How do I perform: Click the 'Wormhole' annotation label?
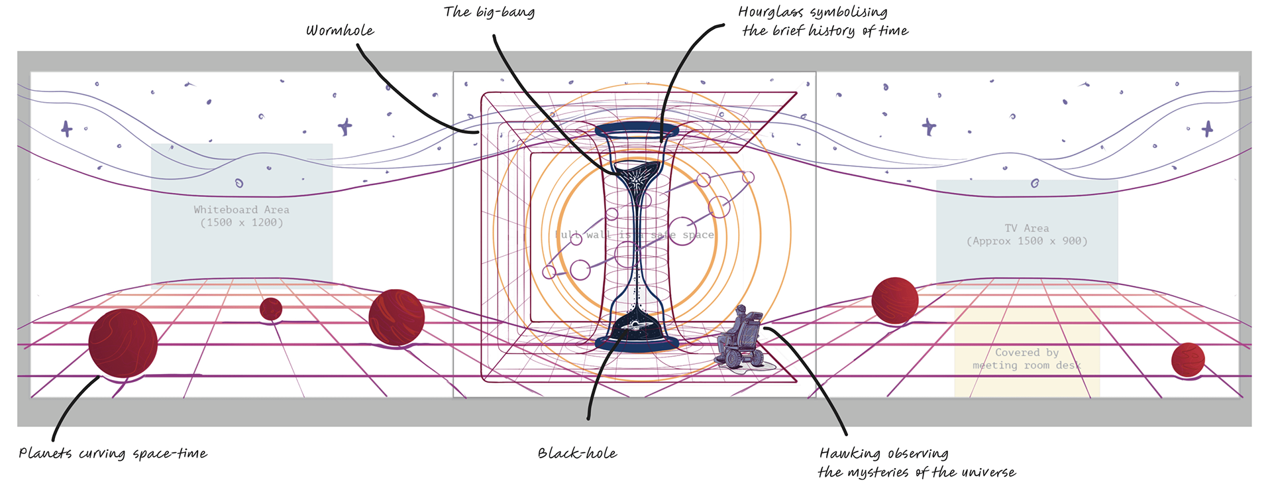[x=340, y=30]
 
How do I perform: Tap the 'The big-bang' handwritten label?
[x=489, y=12]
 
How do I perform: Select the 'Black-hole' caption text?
[x=577, y=454]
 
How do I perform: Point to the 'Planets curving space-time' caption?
[x=113, y=454]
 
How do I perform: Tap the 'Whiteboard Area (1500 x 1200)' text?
[x=242, y=216]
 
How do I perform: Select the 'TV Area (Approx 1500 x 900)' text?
[x=1026, y=235]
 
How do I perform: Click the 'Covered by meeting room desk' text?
[x=1026, y=359]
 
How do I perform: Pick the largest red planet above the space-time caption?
[x=123, y=343]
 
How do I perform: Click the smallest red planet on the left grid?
[x=271, y=309]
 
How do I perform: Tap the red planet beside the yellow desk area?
[x=1188, y=359]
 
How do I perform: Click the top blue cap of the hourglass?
[x=637, y=129]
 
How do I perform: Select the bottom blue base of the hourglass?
[x=637, y=343]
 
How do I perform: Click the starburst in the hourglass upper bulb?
[x=636, y=178]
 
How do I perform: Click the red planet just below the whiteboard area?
[x=396, y=317]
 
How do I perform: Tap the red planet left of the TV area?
[x=894, y=300]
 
